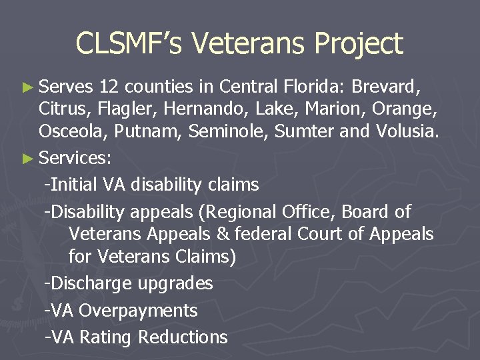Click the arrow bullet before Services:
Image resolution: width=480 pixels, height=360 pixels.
click(26, 159)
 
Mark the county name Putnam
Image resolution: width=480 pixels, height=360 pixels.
click(148, 132)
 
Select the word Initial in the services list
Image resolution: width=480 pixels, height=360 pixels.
click(74, 183)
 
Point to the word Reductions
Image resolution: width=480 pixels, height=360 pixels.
click(183, 337)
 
